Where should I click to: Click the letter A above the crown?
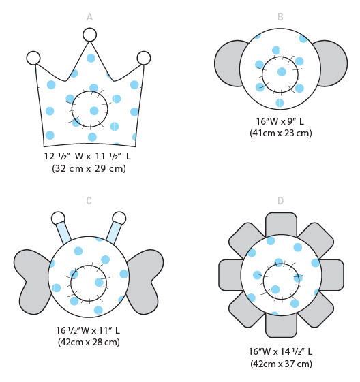89,17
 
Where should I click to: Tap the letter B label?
280,17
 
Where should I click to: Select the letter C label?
89,201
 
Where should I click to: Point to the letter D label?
280,201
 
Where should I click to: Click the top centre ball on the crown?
89,35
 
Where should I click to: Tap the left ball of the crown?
33,58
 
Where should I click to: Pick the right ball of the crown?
144,58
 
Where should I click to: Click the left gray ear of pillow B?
228,63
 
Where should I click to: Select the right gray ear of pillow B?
333,63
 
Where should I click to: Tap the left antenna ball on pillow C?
58,219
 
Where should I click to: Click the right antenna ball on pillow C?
119,219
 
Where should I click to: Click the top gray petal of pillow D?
281,223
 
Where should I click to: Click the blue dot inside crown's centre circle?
94,111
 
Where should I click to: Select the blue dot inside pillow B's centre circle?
282,72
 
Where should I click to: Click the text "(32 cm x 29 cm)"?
89,168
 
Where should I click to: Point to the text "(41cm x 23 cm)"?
281,133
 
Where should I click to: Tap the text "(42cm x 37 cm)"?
281,364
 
